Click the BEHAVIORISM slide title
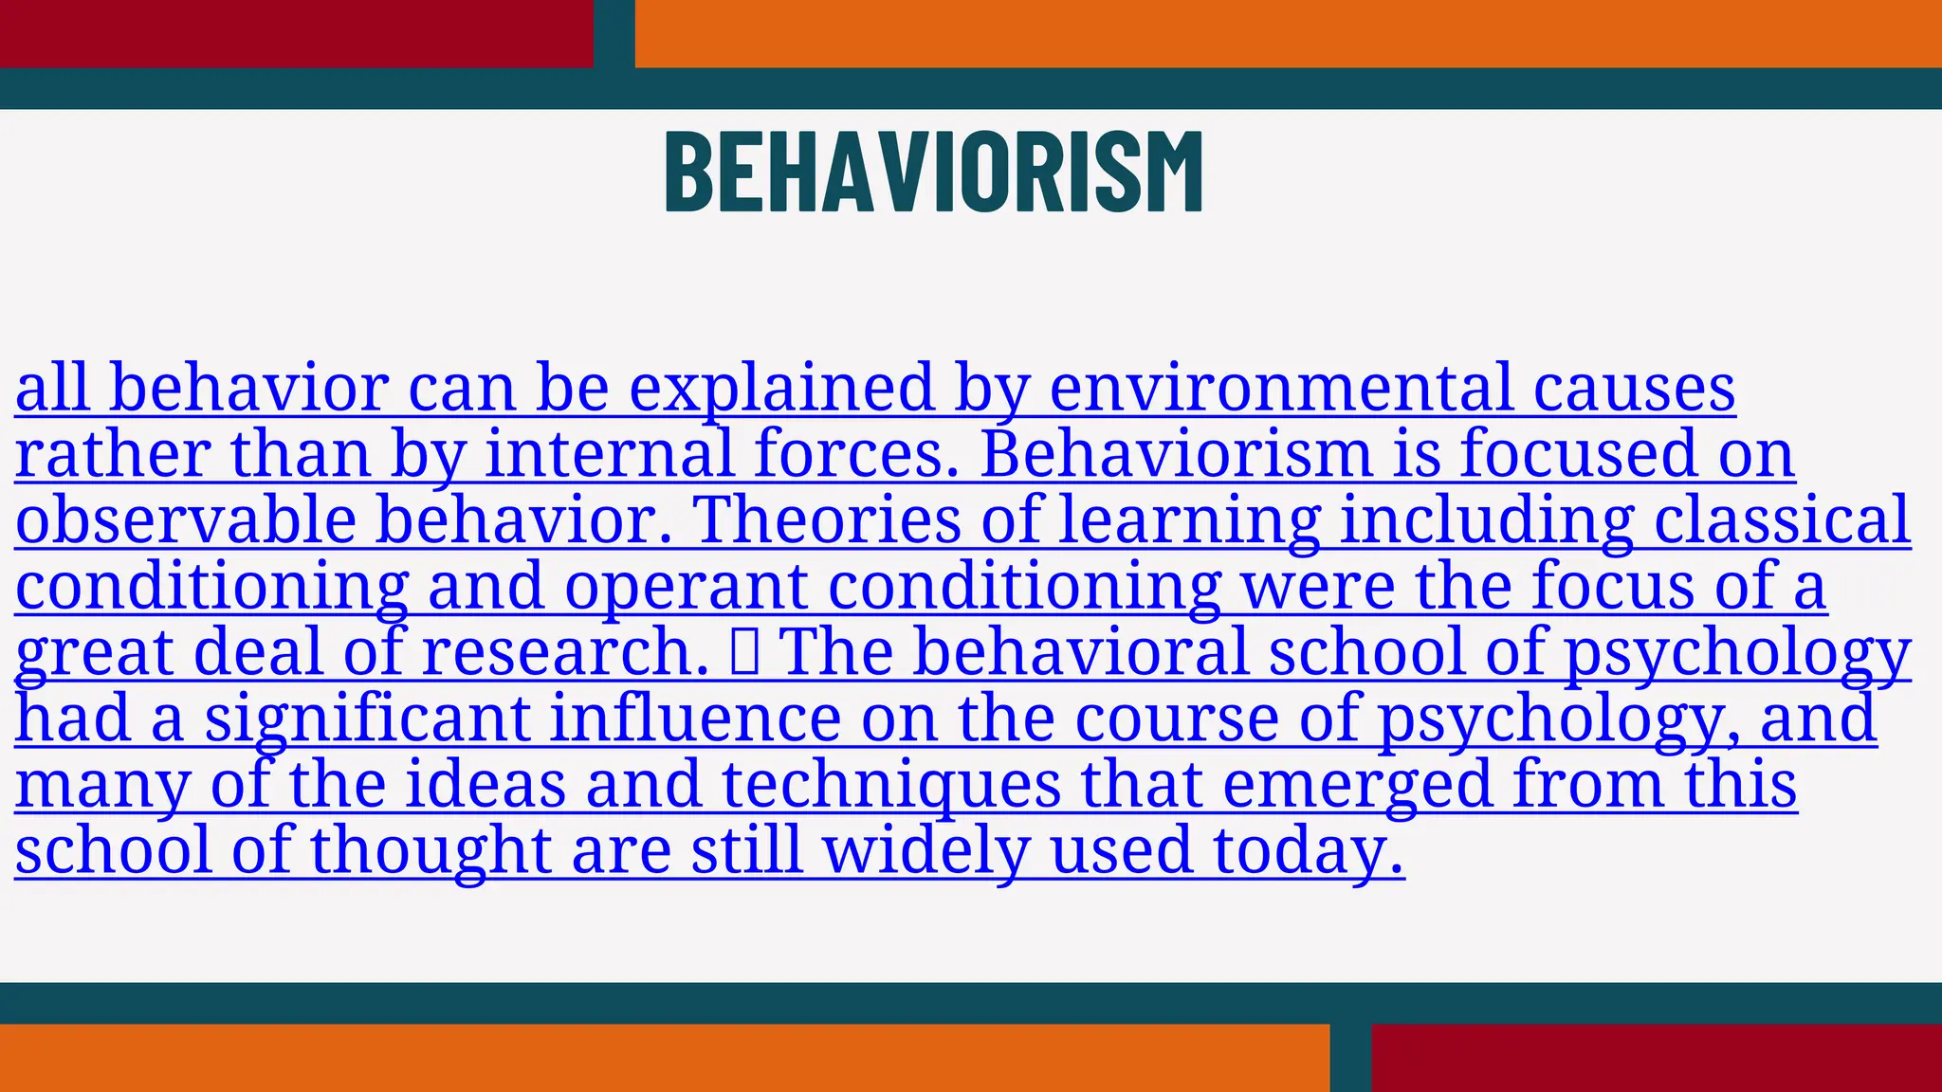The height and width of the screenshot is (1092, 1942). click(x=934, y=172)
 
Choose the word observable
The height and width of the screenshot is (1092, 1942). click(x=186, y=520)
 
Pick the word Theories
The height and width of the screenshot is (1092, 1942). click(x=826, y=520)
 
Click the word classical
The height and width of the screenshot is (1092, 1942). click(x=1783, y=520)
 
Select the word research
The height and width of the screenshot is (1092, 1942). click(x=565, y=653)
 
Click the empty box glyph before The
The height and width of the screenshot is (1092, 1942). click(x=744, y=653)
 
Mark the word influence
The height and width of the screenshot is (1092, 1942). click(x=695, y=719)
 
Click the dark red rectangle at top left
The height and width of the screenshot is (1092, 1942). click(x=296, y=33)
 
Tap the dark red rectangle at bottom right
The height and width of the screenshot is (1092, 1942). click(x=1656, y=1058)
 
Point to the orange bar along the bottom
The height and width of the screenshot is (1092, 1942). click(x=664, y=1058)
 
